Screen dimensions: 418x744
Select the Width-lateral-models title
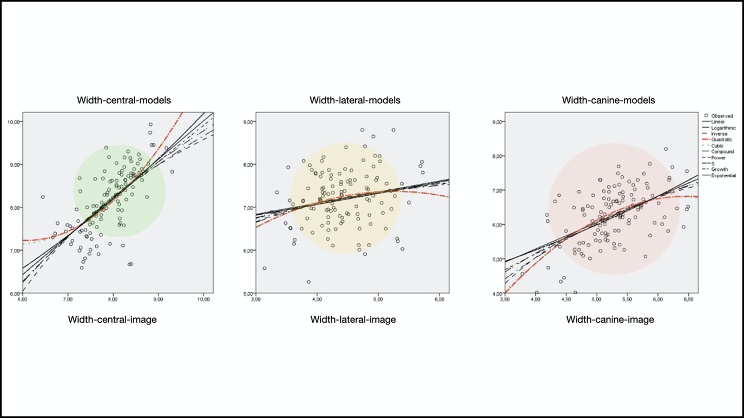coord(355,100)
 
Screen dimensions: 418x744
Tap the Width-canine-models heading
coord(608,100)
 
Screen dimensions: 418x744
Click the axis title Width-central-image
coord(112,320)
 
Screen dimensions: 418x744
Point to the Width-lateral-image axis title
coord(353,320)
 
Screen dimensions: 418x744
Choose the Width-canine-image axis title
coord(610,320)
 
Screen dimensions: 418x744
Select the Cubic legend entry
coord(719,145)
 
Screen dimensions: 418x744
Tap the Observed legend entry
coord(722,116)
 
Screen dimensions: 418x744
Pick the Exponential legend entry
coord(723,175)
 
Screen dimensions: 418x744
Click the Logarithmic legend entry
coord(723,128)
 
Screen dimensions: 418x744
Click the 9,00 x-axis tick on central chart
coord(158,298)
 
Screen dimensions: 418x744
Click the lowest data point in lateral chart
coord(308,282)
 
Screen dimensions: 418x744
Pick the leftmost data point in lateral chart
coord(265,268)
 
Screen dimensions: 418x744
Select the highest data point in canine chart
coord(666,149)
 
